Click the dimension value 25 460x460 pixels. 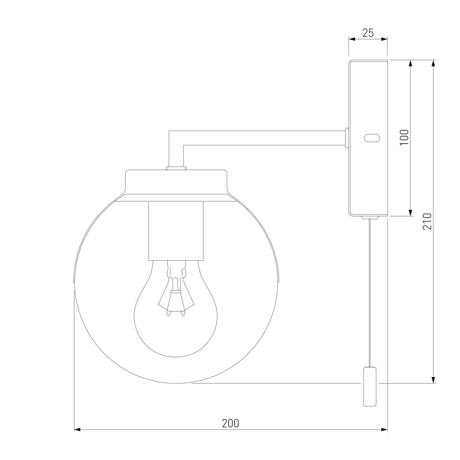coord(368,33)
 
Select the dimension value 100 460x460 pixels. coord(404,137)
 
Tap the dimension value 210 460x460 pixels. coord(427,222)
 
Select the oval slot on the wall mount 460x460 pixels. coord(371,138)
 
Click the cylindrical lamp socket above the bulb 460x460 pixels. coord(176,231)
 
